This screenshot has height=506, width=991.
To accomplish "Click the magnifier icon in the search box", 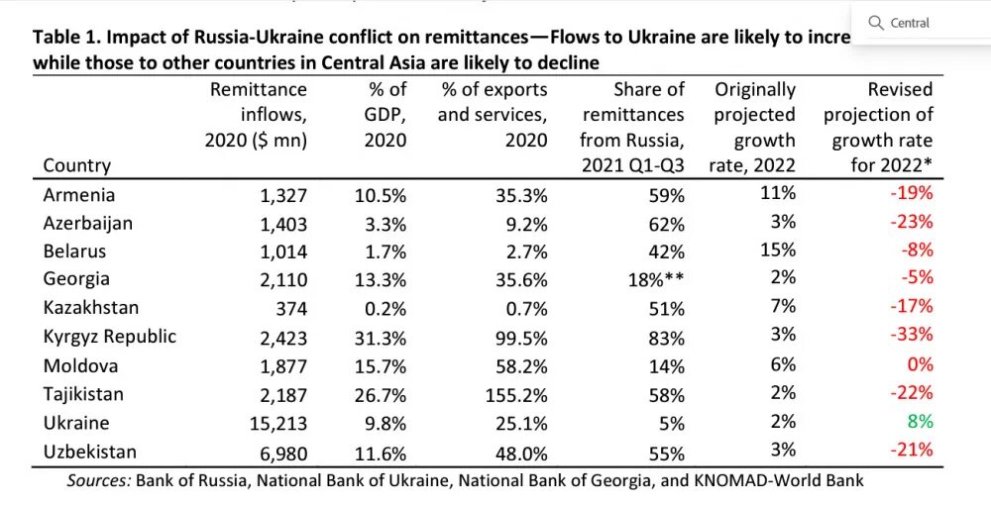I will [x=876, y=23].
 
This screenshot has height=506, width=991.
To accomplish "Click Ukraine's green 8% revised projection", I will [x=920, y=421].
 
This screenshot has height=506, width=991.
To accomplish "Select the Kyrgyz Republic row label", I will [x=109, y=337].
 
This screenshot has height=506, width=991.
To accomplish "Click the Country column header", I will [x=77, y=165].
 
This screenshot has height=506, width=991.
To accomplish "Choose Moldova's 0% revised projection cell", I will [x=922, y=365].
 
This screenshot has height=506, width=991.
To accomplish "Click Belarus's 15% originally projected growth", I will [x=777, y=251].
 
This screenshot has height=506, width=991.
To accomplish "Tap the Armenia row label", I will [x=79, y=195].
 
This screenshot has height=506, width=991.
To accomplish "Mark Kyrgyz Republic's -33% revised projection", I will [x=912, y=335].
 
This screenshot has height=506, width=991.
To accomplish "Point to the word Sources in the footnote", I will [x=98, y=481].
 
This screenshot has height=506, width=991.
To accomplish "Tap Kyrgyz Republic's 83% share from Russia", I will [x=665, y=337].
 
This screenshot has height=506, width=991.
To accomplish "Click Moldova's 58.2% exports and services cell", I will [x=520, y=365].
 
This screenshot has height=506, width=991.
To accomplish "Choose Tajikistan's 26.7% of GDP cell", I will [x=381, y=394].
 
